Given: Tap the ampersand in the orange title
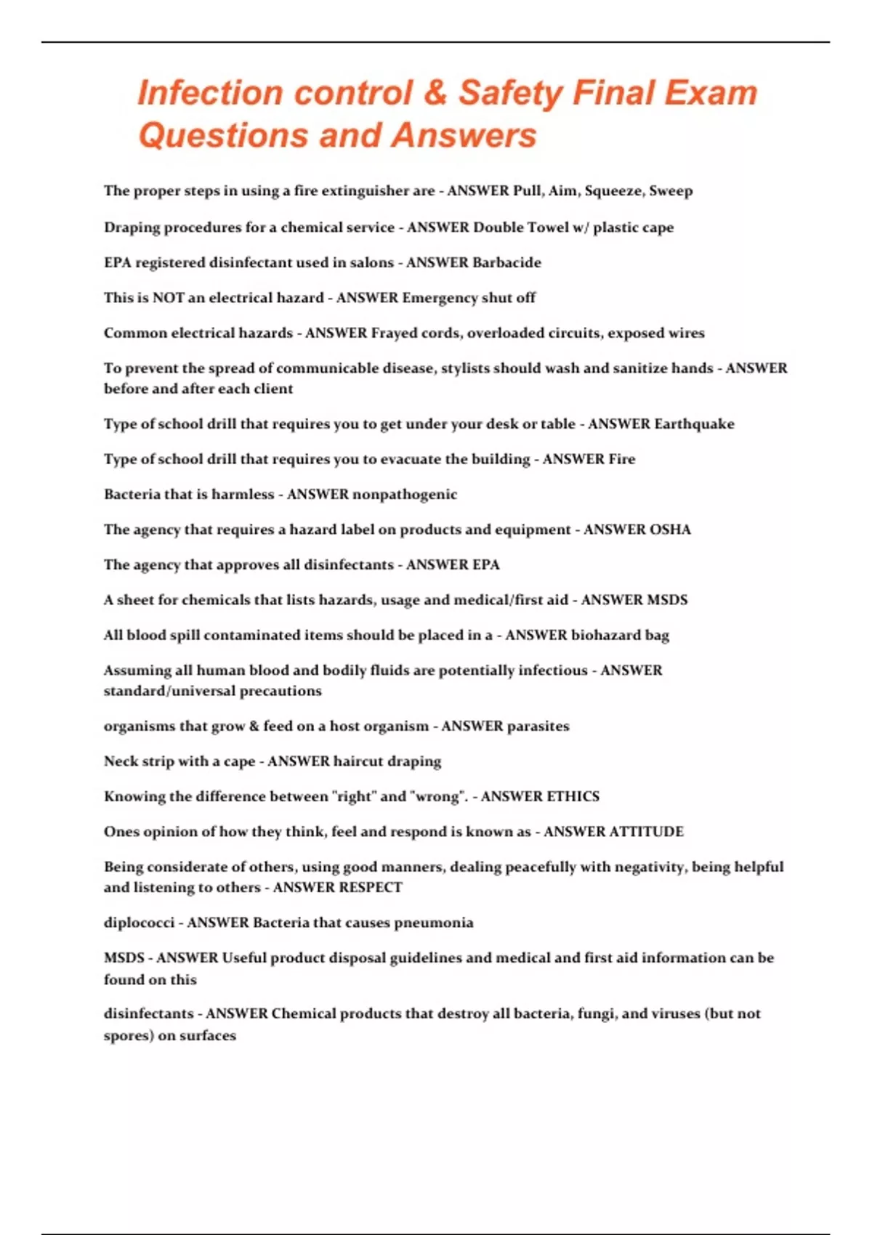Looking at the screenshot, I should coord(435,93).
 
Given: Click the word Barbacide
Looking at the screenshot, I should coord(507,262).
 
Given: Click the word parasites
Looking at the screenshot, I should coord(538,726).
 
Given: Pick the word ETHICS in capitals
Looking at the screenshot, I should coord(573,797).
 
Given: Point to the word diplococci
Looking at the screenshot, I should coord(139,923).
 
